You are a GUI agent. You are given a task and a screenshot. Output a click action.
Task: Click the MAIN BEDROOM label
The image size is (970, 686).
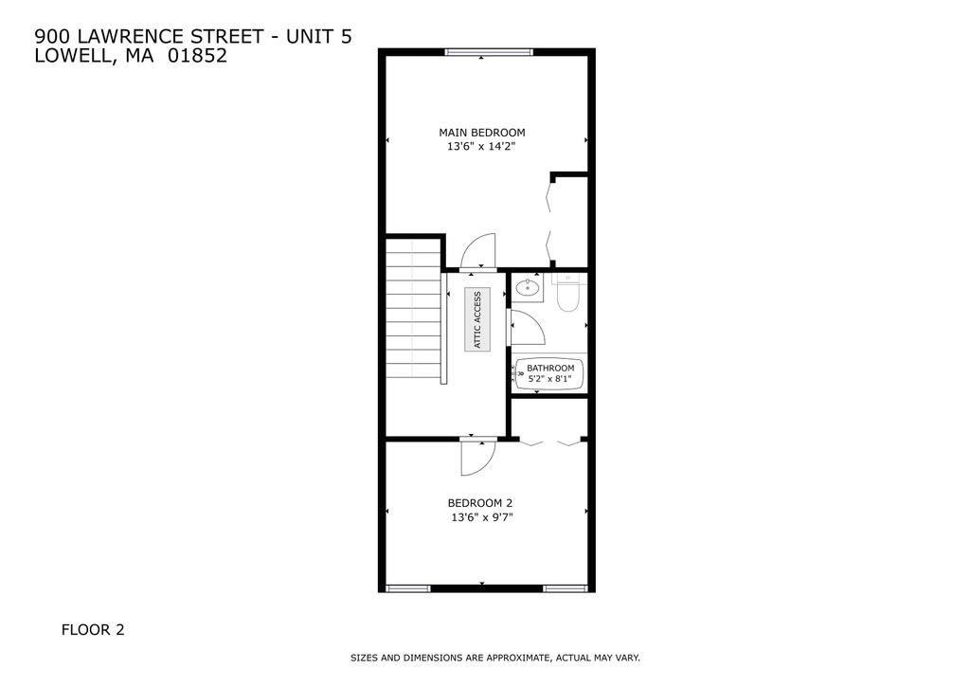pyautogui.click(x=481, y=133)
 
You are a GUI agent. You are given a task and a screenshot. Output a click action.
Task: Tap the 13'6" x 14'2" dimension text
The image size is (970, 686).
pyautogui.click(x=481, y=147)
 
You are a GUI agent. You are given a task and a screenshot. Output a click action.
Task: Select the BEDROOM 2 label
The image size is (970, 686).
pyautogui.click(x=480, y=503)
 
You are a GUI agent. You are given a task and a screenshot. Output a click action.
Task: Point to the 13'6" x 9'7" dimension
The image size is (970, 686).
pyautogui.click(x=480, y=517)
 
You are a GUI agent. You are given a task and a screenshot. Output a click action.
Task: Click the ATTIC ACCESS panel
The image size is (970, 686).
pyautogui.click(x=477, y=319)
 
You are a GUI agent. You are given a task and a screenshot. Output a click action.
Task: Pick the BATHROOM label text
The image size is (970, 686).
pyautogui.click(x=550, y=368)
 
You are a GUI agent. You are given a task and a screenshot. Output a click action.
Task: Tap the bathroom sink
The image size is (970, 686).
pyautogui.click(x=528, y=287)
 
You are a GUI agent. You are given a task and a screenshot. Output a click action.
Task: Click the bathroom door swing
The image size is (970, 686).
pyautogui.click(x=527, y=328)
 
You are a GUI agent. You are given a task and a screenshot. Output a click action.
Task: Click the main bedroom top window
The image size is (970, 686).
pyautogui.click(x=490, y=52)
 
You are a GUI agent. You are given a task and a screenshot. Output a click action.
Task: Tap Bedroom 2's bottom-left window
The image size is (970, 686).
pyautogui.click(x=408, y=588)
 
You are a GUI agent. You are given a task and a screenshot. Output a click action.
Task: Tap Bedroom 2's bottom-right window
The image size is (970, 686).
pyautogui.click(x=566, y=588)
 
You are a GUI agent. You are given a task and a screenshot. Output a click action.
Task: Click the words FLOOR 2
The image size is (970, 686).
pyautogui.click(x=93, y=629)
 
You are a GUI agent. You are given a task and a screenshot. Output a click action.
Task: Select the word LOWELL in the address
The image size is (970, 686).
pyautogui.click(x=66, y=56)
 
